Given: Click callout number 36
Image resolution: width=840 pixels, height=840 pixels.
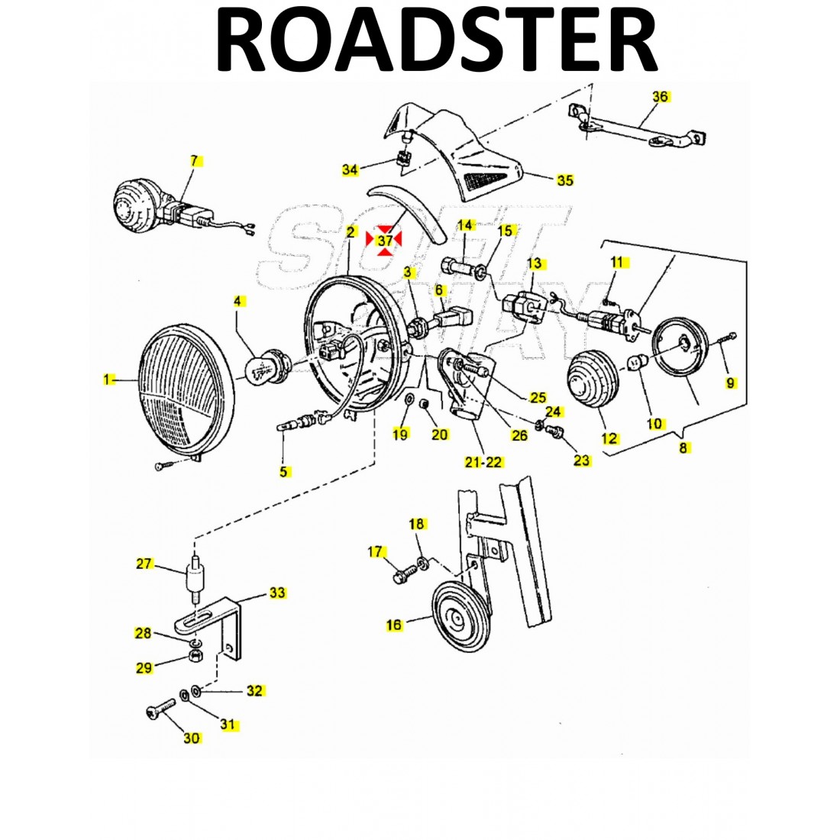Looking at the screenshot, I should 660,96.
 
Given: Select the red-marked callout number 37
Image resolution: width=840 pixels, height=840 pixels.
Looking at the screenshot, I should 385,240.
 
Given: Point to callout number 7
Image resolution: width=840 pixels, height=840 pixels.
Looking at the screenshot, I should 194,160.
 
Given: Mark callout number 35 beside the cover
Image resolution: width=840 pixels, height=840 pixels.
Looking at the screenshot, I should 564,180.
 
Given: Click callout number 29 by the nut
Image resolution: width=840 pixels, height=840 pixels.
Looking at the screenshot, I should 144,667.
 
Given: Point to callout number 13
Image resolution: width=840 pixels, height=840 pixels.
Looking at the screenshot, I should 535,263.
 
